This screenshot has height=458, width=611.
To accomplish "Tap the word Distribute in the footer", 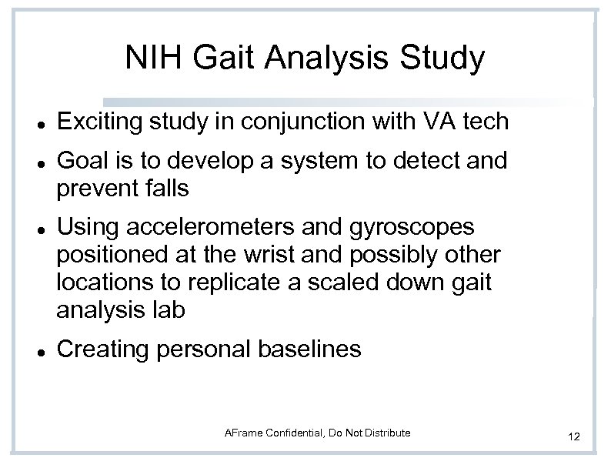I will (385, 433).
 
